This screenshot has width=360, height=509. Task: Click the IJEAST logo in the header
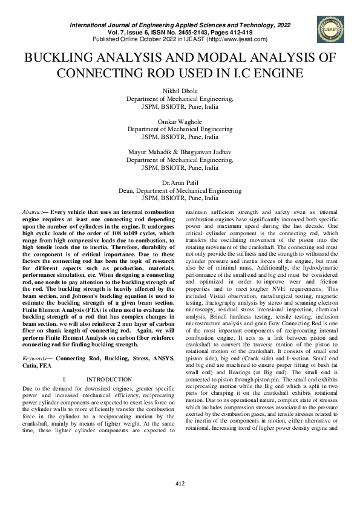click(328, 28)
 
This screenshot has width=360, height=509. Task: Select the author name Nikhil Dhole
click(180, 91)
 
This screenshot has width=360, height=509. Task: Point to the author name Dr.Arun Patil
click(180, 183)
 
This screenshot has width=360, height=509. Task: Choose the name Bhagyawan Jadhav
click(203, 152)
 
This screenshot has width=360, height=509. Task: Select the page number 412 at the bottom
click(180, 483)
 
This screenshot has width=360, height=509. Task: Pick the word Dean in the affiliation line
click(126, 190)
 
